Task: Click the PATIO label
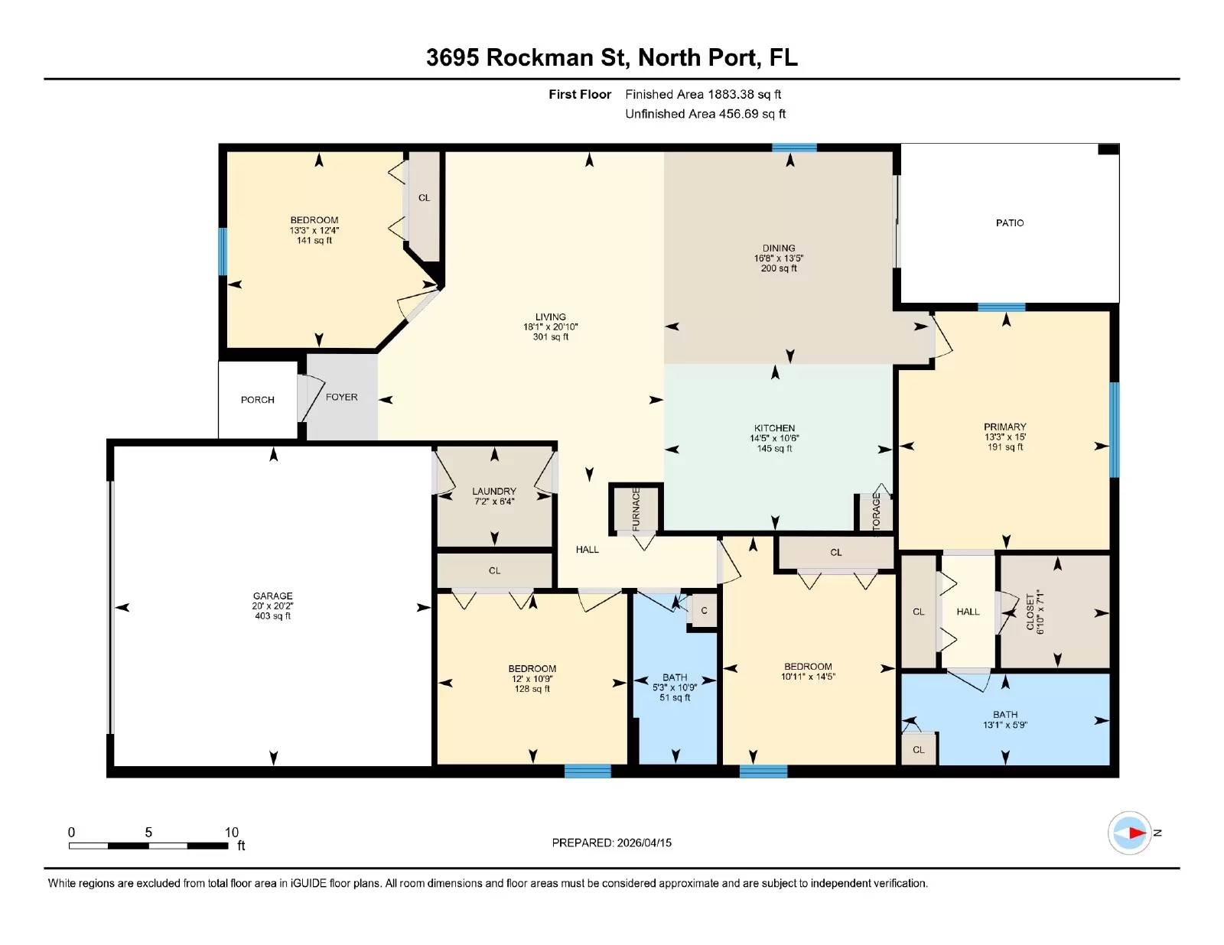1009,223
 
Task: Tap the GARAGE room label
272,596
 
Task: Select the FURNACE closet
636,508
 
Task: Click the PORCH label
257,400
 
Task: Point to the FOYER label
341,397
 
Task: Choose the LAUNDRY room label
494,491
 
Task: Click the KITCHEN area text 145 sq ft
774,449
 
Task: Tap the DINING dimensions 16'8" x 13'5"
779,258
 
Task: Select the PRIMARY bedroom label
1005,427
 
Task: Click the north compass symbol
1129,833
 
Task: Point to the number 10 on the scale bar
232,832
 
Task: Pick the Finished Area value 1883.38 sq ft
744,95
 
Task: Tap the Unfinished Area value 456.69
738,114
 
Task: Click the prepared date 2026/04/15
644,843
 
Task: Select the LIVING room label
550,317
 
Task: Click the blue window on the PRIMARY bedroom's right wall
1114,430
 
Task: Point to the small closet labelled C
704,609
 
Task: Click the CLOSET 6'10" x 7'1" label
1035,612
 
